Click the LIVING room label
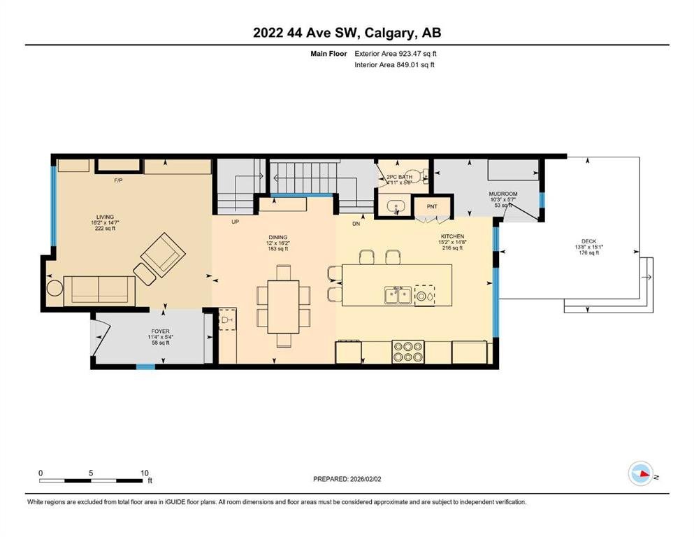(106, 217)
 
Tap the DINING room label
(278, 237)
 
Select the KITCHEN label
(452, 236)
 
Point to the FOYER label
(160, 331)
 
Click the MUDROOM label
(503, 194)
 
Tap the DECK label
(588, 241)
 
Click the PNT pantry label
(432, 207)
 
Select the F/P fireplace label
(118, 180)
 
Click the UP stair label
(235, 222)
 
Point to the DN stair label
(356, 224)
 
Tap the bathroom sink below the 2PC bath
(396, 206)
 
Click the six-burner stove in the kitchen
(408, 352)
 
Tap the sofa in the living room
(99, 291)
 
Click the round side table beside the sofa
(55, 288)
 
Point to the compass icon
(641, 473)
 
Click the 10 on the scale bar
(144, 473)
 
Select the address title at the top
(347, 33)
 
